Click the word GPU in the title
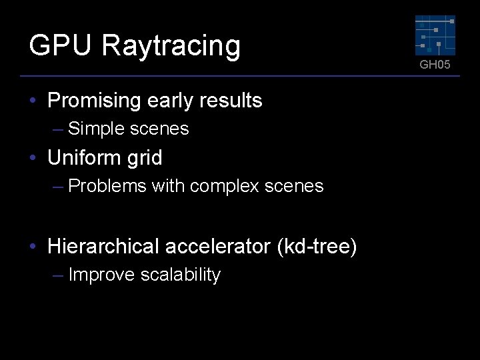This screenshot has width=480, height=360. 60,46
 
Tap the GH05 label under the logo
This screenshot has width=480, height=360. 435,65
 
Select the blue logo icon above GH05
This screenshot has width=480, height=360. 435,35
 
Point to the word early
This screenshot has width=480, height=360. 169,101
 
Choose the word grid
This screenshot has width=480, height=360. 146,158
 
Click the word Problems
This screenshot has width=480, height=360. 107,186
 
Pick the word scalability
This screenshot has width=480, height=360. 181,275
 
